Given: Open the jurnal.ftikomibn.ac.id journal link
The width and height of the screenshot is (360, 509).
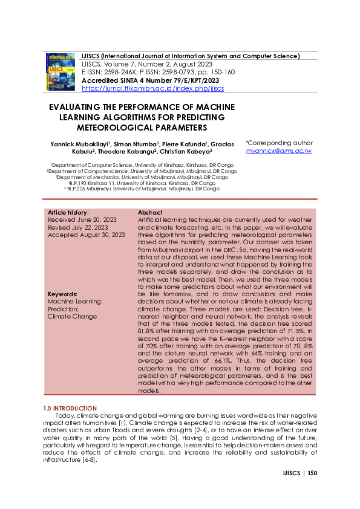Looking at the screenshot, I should pyautogui.click(x=152, y=88).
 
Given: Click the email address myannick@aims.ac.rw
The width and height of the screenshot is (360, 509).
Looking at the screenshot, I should pyautogui.click(x=278, y=151).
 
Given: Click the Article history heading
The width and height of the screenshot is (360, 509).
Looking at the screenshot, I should pyautogui.click(x=68, y=213).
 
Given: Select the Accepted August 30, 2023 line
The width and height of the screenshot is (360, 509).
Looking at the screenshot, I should pyautogui.click(x=86, y=235).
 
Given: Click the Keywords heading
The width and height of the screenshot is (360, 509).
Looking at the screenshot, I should pyautogui.click(x=63, y=294).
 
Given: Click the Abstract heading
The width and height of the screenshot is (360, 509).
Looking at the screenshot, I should pyautogui.click(x=150, y=213).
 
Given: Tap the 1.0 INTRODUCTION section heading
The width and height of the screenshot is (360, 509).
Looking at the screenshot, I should pyautogui.click(x=70, y=409).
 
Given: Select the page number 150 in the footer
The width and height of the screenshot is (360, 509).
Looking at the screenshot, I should pyautogui.click(x=312, y=473).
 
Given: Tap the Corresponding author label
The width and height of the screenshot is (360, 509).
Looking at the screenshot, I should pyautogui.click(x=280, y=143).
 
